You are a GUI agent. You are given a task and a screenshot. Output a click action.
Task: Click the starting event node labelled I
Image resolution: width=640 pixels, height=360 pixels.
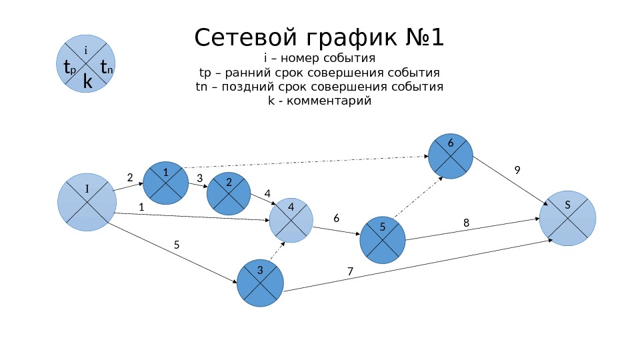tap(87, 202)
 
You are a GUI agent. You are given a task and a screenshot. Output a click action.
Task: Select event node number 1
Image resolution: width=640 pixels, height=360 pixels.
tap(166, 183)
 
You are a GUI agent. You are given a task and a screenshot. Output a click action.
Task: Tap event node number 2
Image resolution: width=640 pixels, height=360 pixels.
tap(229, 193)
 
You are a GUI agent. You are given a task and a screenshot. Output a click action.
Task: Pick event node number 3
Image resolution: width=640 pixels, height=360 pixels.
tap(259, 283)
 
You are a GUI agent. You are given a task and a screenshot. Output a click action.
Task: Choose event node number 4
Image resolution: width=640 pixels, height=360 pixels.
tap(291, 220)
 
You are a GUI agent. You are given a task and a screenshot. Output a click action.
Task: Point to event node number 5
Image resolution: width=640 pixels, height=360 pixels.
tap(383, 239)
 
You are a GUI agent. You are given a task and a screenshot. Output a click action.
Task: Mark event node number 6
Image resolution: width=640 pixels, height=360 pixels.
tap(450, 155)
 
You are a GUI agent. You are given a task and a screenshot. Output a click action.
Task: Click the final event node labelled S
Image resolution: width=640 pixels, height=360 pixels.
tap(567, 217)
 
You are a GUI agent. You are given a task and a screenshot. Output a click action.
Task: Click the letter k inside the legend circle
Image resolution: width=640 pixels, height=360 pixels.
tap(87, 81)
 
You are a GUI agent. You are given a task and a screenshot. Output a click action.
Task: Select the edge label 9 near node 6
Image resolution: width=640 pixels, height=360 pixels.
tap(517, 171)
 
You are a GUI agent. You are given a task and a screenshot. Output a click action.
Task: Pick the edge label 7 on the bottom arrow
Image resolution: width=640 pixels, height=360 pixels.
tap(349, 271)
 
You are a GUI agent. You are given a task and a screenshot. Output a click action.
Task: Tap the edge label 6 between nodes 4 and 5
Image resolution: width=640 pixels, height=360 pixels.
tap(336, 218)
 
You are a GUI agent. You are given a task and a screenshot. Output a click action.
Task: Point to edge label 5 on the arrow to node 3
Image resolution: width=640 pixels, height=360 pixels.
tap(177, 245)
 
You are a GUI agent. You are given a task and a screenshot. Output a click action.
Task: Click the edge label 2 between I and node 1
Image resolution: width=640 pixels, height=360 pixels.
tap(130, 177)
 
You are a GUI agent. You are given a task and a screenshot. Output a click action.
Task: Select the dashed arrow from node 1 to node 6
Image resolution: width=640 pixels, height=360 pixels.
tap(307, 162)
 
